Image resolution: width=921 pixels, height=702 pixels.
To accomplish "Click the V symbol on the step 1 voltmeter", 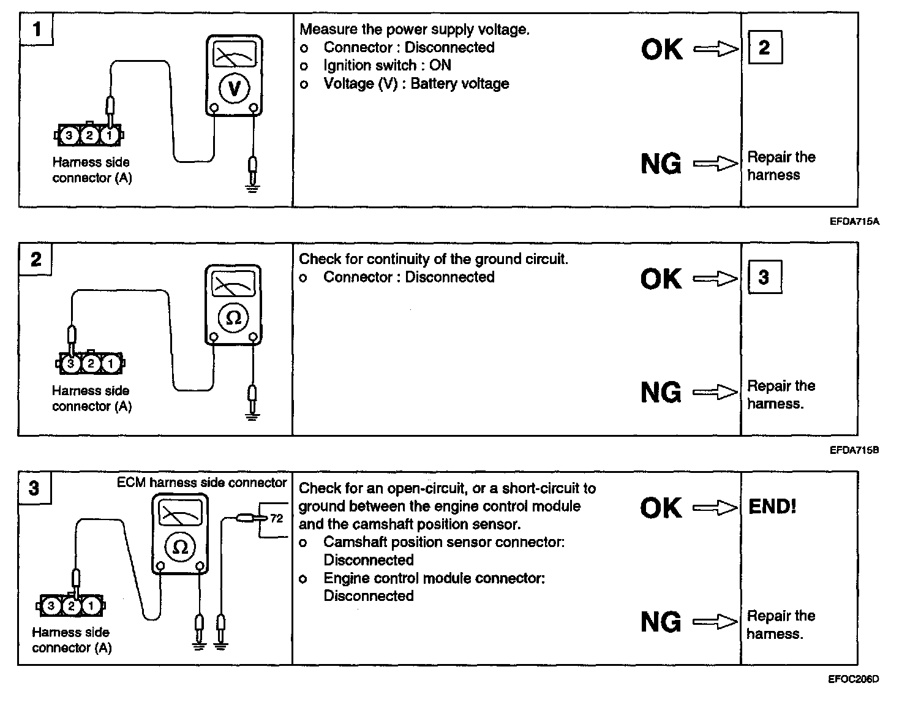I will pos(234,89).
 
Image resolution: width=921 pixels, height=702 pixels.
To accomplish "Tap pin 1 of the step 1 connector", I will pos(110,135).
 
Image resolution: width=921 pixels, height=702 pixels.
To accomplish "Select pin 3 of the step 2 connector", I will pos(71,364).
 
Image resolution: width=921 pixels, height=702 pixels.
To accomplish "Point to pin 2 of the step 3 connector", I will pos(71,606).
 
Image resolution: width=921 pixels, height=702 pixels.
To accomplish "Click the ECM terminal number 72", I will pos(277,519).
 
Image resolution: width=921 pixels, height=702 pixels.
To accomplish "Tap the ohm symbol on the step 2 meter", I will pos(233,318).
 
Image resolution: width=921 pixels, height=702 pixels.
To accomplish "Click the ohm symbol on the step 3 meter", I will pos(180,547).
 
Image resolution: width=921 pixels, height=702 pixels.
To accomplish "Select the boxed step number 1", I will pos(36,29).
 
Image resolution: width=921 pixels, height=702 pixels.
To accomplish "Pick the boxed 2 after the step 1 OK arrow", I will pos(764,48).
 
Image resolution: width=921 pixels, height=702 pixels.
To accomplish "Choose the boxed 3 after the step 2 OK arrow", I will pos(764,277).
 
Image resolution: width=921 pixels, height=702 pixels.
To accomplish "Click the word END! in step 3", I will pos(772,507).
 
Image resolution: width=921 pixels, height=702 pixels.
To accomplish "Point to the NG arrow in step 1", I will pos(716,164).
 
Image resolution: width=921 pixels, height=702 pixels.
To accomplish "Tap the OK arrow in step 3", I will pos(715,507).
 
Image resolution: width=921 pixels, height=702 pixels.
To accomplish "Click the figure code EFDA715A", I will pos(854,221).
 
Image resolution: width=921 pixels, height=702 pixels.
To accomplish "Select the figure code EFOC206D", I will pos(854,679).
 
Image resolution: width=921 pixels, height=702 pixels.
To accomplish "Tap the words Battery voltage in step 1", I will pos(460,83).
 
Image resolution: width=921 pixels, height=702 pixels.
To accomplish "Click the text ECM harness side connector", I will pos(201,483).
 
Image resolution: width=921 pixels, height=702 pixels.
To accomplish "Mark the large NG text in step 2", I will pos(661,393).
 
